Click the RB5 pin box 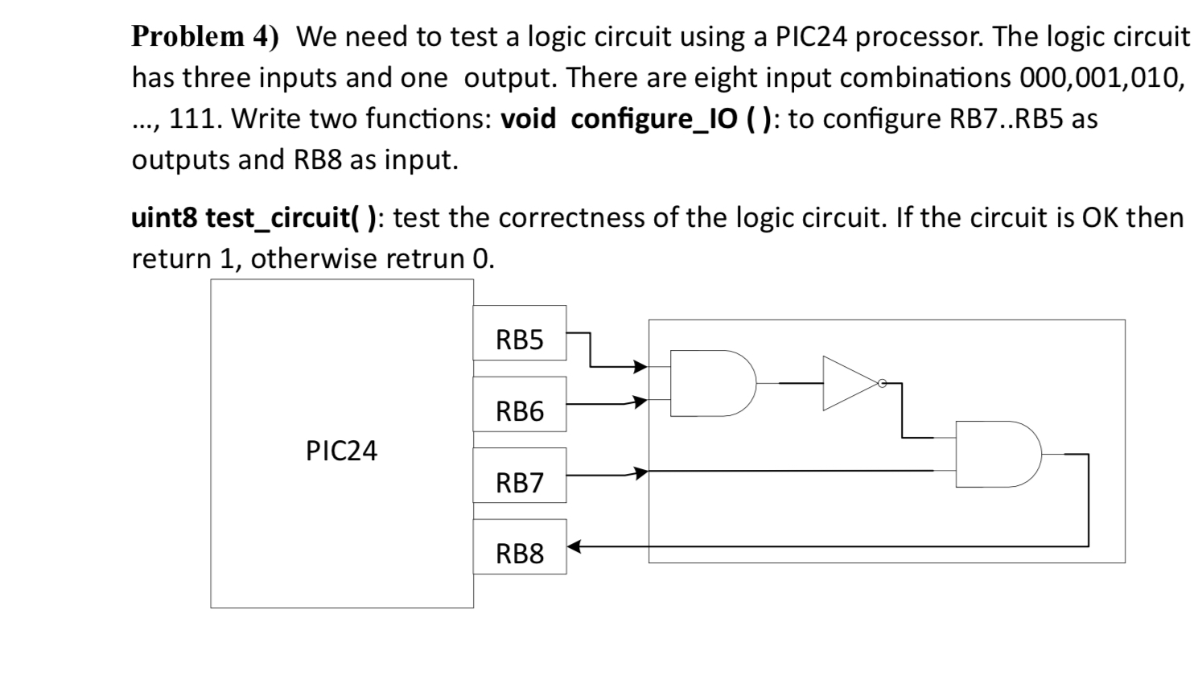(519, 340)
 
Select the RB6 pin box (519, 411)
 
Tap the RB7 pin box (519, 483)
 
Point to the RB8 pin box (519, 554)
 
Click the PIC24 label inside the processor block (341, 451)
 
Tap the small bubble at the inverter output (882, 384)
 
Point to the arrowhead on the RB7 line (640, 472)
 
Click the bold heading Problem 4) (204, 36)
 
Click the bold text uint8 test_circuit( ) (253, 217)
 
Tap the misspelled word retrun (426, 258)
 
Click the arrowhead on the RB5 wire (640, 367)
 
